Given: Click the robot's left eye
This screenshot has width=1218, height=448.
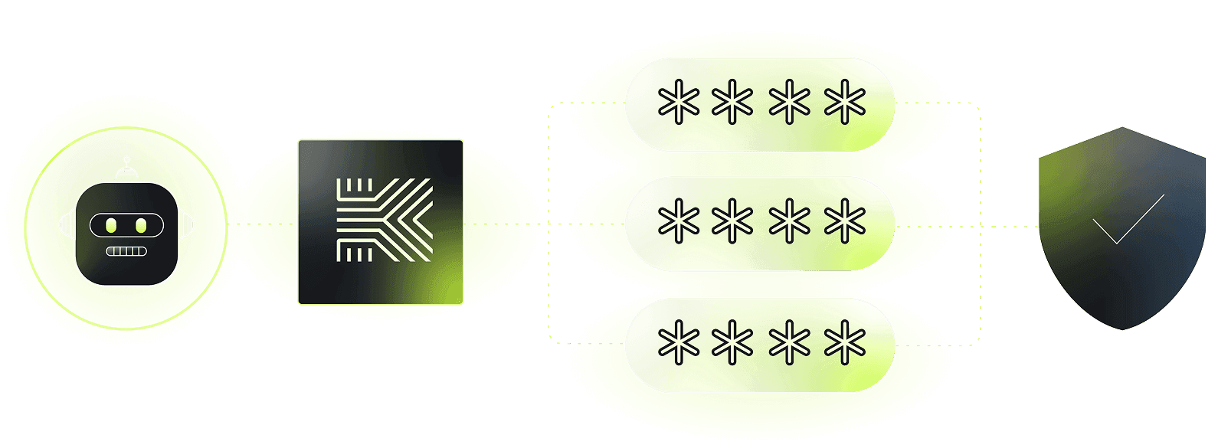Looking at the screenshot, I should [x=111, y=225].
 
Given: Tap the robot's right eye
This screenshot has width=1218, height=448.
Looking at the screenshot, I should [x=141, y=225].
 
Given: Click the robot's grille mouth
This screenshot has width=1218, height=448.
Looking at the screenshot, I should [x=126, y=251].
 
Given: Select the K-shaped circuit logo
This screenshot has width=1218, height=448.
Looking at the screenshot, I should [x=384, y=220].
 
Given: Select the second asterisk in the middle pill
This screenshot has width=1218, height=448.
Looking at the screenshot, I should [x=733, y=222].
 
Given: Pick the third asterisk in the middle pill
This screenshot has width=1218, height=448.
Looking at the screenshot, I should [x=790, y=222].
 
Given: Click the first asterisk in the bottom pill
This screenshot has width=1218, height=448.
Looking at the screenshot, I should [x=679, y=342].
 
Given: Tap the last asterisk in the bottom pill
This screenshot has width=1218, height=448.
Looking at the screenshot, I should [x=845, y=342].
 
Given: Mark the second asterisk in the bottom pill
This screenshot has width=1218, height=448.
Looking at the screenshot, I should [x=733, y=342].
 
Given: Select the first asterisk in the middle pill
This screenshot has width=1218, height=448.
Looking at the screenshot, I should [x=679, y=222].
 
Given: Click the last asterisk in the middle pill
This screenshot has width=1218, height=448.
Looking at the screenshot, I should [x=845, y=222].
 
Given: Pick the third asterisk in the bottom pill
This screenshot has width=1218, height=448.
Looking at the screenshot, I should [x=790, y=342].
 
